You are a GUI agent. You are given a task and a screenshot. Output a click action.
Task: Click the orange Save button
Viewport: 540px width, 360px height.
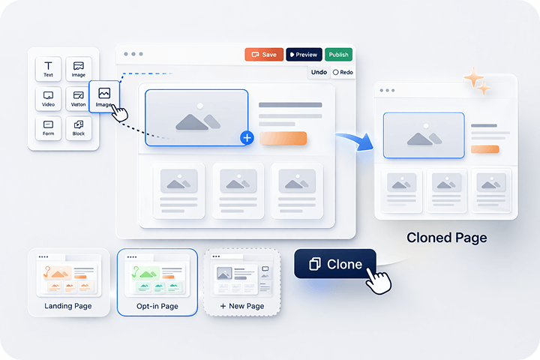pyautogui.click(x=263, y=55)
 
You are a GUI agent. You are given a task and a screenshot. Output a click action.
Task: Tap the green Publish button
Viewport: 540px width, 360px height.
pyautogui.click(x=338, y=55)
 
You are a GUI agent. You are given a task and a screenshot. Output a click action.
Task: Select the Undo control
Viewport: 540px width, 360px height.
pyautogui.click(x=319, y=72)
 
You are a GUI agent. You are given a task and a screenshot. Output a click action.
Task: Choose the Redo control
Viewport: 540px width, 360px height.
pyautogui.click(x=343, y=72)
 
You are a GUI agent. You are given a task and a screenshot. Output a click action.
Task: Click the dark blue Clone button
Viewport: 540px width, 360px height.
pyautogui.click(x=334, y=264)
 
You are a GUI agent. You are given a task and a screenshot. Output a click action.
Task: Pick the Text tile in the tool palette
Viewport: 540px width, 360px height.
pyautogui.click(x=49, y=69)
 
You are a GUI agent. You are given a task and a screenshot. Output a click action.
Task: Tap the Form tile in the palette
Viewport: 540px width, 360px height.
pyautogui.click(x=49, y=127)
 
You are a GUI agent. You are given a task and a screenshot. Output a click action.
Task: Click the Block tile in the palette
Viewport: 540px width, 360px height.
pyautogui.click(x=79, y=127)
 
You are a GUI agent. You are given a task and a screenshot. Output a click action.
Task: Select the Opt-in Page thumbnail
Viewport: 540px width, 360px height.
pyautogui.click(x=157, y=281)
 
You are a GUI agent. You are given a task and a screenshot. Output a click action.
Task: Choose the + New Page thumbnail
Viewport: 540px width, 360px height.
pyautogui.click(x=242, y=281)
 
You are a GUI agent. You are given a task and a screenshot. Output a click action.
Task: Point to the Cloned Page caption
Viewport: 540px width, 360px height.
pyautogui.click(x=446, y=238)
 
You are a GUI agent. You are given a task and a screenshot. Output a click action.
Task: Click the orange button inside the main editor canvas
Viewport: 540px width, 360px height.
pyautogui.click(x=283, y=138)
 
